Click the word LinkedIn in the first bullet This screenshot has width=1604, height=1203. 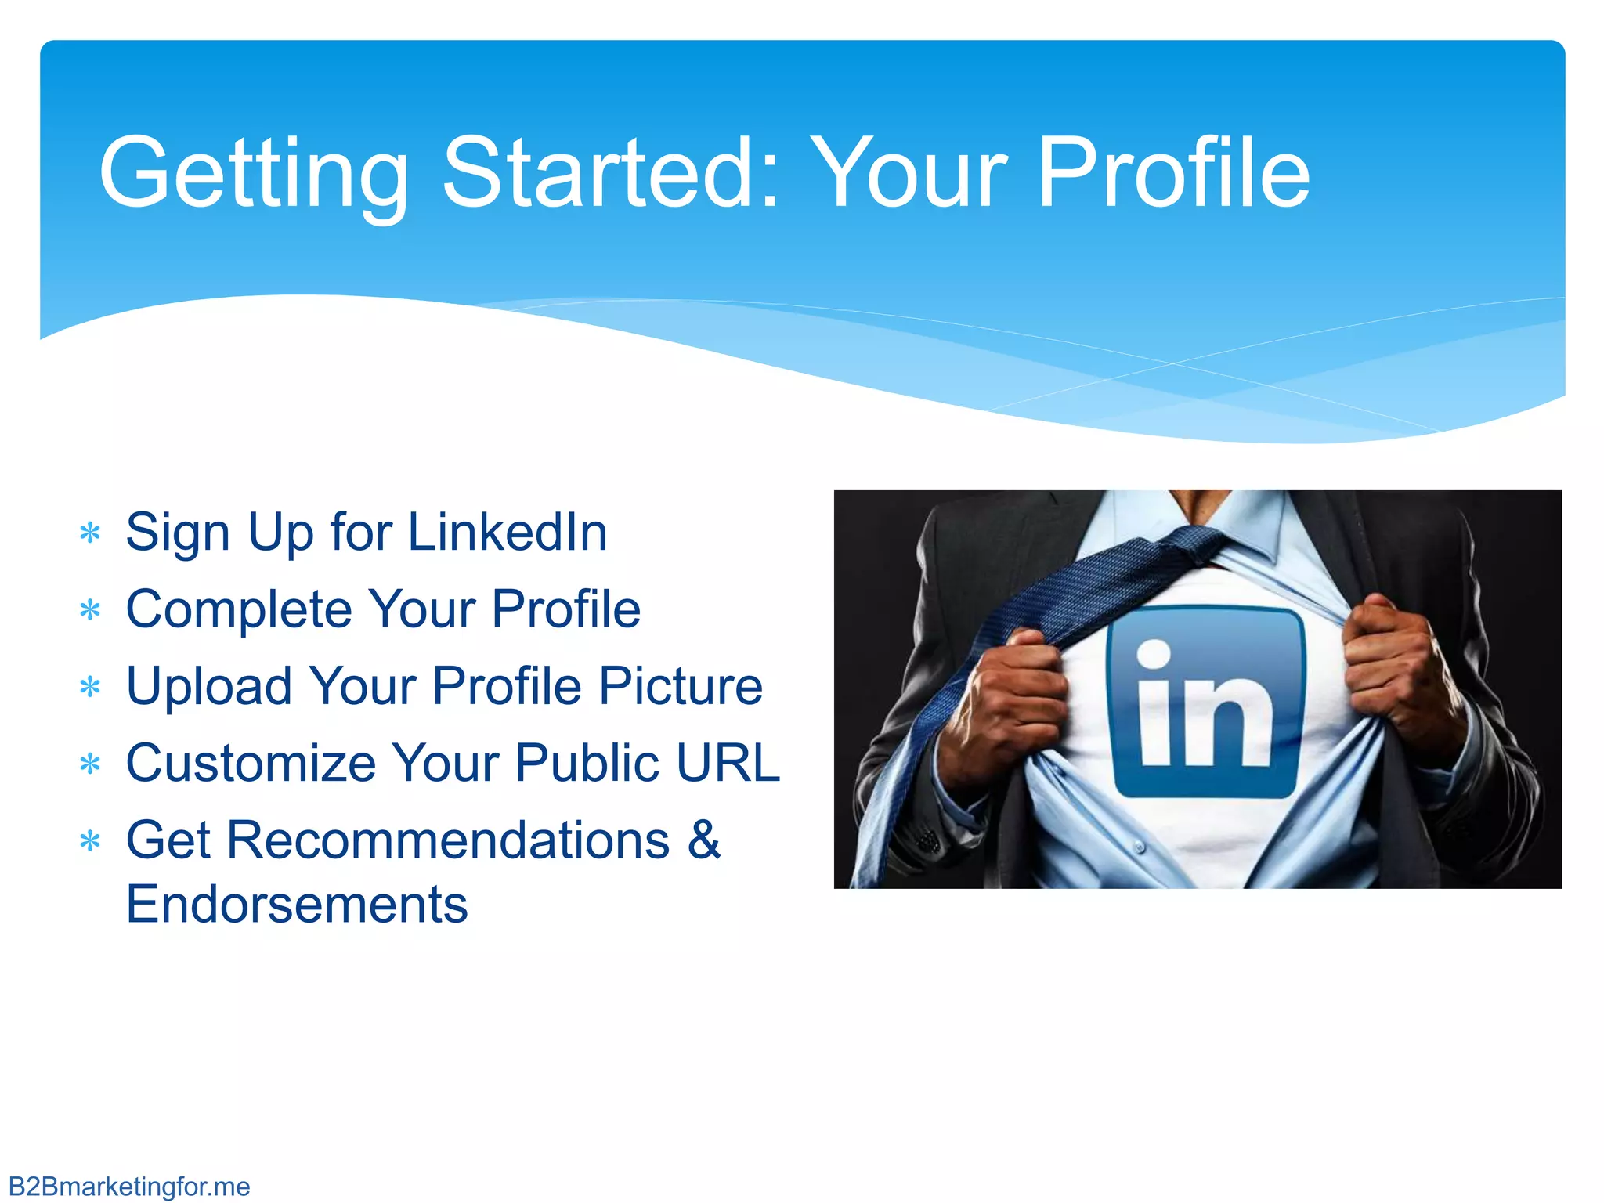(x=508, y=533)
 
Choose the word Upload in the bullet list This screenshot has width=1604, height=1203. (x=209, y=686)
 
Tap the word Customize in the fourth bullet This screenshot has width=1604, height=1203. (x=251, y=763)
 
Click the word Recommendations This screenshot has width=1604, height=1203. (x=449, y=840)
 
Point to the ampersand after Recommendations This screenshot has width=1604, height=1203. (x=704, y=840)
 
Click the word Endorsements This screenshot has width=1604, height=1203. (x=297, y=905)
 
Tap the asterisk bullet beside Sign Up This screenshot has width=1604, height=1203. (x=91, y=534)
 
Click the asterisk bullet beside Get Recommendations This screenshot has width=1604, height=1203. (x=91, y=842)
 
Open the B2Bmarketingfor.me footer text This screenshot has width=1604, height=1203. (x=129, y=1187)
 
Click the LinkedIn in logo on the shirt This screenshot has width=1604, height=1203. (x=1206, y=702)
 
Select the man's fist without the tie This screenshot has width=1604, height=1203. (x=1398, y=666)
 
